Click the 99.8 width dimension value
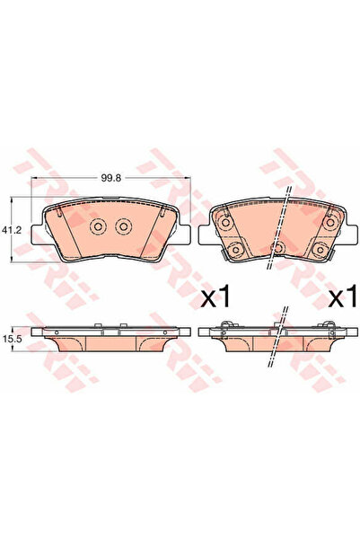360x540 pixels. pyautogui.click(x=110, y=178)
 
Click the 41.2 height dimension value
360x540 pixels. pyautogui.click(x=12, y=229)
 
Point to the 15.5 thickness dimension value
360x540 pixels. pyautogui.click(x=13, y=339)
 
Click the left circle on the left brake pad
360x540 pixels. pyautogui.click(x=98, y=226)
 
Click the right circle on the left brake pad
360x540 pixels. pyautogui.click(x=124, y=226)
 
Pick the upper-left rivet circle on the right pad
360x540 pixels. pyautogui.click(x=225, y=223)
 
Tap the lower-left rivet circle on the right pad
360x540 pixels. pyautogui.click(x=236, y=248)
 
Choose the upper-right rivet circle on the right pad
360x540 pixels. pyautogui.click(x=330, y=223)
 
